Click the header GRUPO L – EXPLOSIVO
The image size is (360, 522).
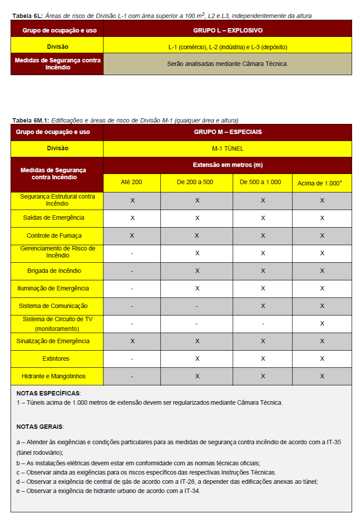coord(228,31)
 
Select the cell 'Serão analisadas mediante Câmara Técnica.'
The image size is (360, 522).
coord(228,64)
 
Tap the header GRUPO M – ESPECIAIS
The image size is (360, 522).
coord(228,132)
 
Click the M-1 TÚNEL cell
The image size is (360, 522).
coord(228,149)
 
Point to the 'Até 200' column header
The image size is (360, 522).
coord(132,182)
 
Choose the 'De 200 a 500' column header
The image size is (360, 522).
coord(197,182)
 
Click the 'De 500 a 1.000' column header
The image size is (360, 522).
coord(262,182)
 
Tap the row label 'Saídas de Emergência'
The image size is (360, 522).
coord(57,217)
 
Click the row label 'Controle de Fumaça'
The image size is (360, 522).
coord(57,236)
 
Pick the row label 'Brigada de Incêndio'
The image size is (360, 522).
coord(57,271)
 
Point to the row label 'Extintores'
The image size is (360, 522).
coord(57,359)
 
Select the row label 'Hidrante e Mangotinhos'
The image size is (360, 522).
coord(57,376)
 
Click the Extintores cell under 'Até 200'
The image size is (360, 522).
coord(132,359)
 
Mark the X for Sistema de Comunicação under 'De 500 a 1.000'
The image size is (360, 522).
coord(263,306)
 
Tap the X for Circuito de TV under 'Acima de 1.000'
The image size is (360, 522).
coord(322,323)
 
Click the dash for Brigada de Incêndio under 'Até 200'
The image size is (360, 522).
coord(132,271)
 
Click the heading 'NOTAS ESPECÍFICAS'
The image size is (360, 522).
coord(48,393)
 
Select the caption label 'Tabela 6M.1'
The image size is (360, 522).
coord(30,120)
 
